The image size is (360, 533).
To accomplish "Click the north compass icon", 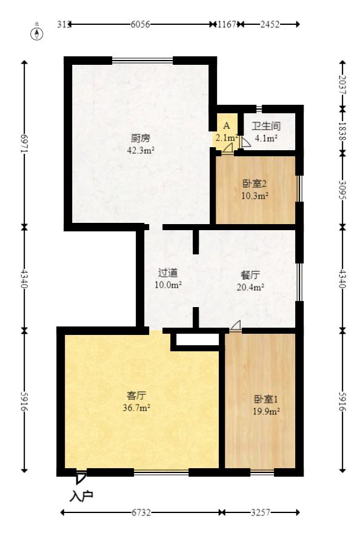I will point(37,33).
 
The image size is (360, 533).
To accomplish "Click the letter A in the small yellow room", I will point(226,126).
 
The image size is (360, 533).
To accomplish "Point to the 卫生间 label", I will point(265,127).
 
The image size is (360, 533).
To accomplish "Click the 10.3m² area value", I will point(255,196).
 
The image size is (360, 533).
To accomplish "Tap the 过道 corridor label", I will point(168,273).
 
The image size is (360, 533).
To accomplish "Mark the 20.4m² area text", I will point(250,288).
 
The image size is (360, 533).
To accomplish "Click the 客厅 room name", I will point(136,396).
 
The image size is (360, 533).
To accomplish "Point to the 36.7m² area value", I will point(136,408).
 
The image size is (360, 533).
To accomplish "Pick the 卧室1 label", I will point(265,400).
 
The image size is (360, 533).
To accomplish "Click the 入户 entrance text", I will point(81,496).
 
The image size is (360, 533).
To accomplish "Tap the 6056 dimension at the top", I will point(140,24).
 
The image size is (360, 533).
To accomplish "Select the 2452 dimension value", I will point(270,24).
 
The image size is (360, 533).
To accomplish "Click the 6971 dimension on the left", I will point(24,144).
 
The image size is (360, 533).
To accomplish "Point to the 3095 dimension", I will point(342,190).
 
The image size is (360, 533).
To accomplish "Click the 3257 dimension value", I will point(261,513).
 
